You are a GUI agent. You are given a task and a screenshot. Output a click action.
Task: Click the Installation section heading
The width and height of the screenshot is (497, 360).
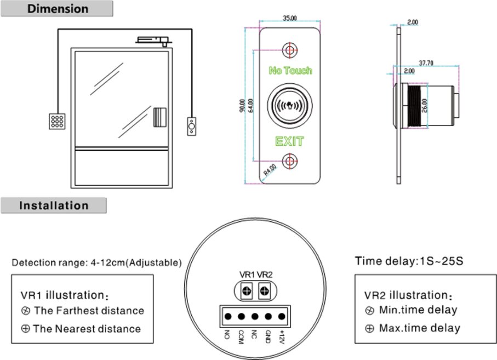pos(54,206)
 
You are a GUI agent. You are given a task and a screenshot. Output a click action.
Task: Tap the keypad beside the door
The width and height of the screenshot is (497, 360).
pos(56,121)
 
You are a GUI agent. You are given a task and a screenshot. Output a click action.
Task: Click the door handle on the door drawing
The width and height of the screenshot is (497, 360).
pos(159,117)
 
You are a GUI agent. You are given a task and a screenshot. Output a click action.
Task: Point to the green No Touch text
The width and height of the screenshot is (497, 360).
pos(290,71)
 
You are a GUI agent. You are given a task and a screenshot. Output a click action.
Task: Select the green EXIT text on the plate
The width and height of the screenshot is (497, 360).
pos(289,142)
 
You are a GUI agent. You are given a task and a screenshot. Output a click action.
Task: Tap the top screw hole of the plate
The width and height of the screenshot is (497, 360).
pos(289,50)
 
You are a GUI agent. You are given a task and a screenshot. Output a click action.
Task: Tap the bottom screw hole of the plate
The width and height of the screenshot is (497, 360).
pos(289,161)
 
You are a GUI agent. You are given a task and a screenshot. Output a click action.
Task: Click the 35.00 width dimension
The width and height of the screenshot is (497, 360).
pos(289,18)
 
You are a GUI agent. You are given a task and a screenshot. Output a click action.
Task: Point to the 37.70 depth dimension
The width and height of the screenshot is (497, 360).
pos(426,63)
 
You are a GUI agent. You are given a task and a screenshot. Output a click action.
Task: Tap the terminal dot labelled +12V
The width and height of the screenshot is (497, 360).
pos(282,316)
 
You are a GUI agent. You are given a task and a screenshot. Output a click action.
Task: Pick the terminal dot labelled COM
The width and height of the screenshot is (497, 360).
pos(241,316)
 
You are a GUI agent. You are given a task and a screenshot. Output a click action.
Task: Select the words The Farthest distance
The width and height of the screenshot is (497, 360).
pos(89,311)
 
